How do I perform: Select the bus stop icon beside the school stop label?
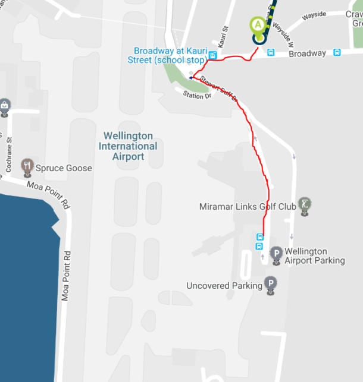pos(212,56)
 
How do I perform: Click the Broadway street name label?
pos(307,53)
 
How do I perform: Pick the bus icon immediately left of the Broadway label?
pos(271,53)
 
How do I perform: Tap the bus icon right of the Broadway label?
pos(337,53)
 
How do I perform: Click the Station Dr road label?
pos(197,94)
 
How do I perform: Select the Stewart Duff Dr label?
pos(219,89)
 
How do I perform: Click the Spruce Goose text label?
pos(64,168)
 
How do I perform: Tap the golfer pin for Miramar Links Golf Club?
pos(305,205)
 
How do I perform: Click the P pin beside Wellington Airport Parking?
pos(276,254)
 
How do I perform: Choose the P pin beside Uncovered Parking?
pos(271,284)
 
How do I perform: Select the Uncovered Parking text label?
pos(224,286)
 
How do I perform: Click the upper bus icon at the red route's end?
pos(259,237)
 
